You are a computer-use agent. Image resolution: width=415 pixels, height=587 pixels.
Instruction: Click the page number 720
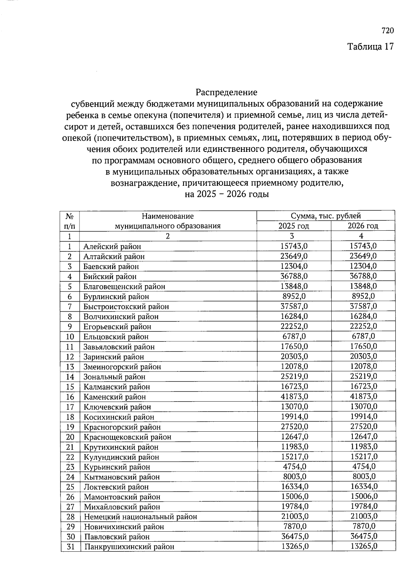pos(388,31)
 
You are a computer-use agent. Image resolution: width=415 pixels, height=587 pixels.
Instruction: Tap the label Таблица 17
pos(370,47)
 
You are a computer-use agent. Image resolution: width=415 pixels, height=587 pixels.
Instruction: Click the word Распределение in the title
pos(227,92)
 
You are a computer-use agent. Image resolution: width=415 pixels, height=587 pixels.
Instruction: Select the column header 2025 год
pos(294,226)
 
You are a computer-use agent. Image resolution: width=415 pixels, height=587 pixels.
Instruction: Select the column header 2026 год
pos(363,226)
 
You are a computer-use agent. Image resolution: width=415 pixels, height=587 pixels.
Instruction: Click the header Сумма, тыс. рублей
pos(326,216)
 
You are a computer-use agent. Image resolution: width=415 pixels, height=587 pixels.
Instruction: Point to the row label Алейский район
pos(112,247)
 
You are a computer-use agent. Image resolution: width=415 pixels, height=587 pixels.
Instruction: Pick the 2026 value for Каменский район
pos(363,396)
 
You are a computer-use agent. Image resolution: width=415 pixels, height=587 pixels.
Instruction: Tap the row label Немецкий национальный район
pos(140,517)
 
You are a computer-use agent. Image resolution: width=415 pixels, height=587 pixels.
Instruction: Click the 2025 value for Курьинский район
pos(294,467)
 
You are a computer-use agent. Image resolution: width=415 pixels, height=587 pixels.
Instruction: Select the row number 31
pos(71,547)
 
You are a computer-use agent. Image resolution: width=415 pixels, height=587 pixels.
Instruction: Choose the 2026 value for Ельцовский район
pos(363,336)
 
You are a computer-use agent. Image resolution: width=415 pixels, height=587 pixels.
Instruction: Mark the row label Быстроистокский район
pos(126,306)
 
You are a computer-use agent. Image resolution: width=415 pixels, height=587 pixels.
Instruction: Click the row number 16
pos(70,397)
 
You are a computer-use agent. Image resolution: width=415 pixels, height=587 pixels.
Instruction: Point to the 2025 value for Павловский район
pos(294,536)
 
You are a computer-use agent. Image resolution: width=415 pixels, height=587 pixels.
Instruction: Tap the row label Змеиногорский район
pos(122,367)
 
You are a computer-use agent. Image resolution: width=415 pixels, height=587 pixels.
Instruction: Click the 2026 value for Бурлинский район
pos(363,296)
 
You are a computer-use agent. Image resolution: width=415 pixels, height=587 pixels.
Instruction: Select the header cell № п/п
pos(70,221)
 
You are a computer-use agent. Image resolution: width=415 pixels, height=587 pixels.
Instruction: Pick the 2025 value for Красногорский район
pos(294,427)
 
